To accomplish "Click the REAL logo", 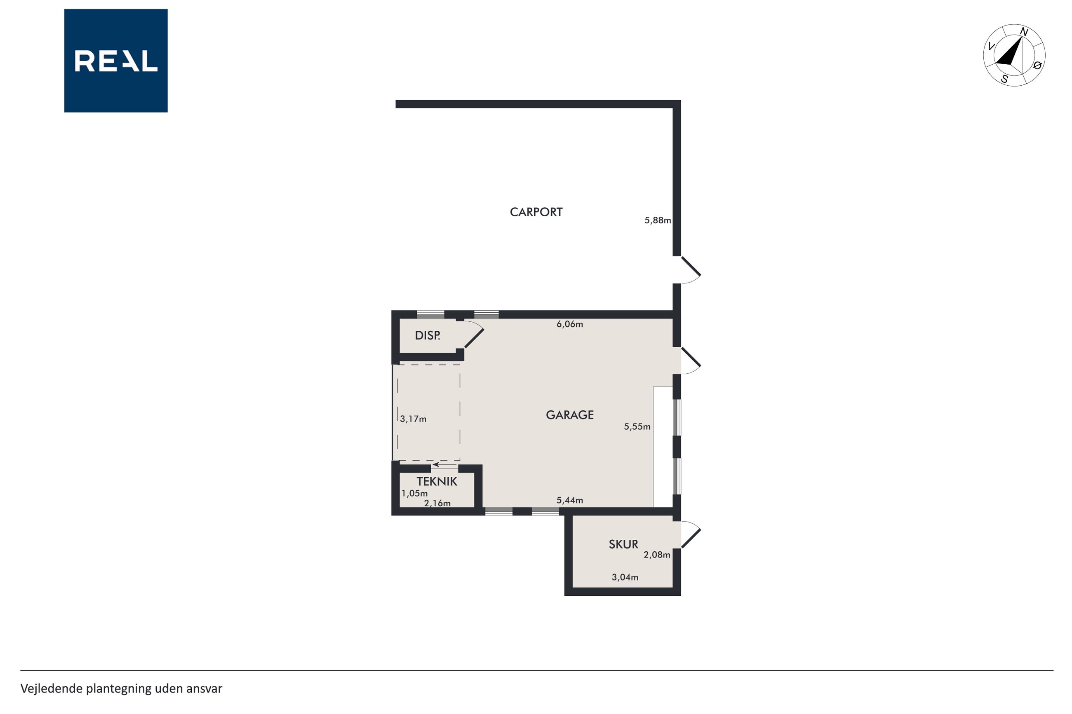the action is pos(116,61).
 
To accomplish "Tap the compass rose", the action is pos(1014,55).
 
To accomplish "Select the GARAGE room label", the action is pos(569,415).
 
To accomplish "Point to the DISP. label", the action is pos(427,336).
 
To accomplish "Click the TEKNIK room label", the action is pos(437,481).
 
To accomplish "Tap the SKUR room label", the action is pos(623,544).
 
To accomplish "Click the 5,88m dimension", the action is pos(657,220).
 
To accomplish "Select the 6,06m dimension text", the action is pos(569,324).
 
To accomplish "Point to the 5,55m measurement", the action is pos(637,427).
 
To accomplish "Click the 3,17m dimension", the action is pos(413,419).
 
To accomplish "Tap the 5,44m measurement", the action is pos(569,500).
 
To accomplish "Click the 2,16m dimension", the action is pos(437,503).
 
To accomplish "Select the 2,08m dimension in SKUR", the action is pos(656,555).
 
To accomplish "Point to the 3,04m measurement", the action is pos(625,577).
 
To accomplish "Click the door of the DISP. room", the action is pos(474,338).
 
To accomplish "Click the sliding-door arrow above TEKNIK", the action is pos(445,464).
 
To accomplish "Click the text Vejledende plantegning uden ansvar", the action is pos(121,688).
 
